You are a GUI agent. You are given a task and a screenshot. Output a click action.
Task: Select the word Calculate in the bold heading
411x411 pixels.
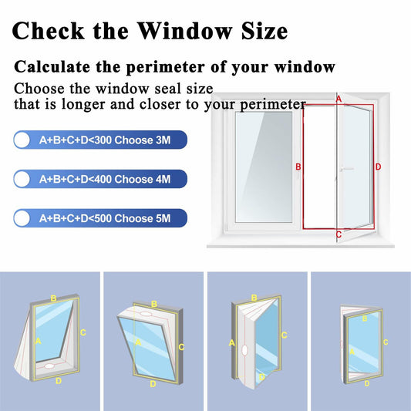point(52,67)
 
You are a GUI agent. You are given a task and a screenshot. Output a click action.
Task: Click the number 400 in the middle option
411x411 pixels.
point(100,180)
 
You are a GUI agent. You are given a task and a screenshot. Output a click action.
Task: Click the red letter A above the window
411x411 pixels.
point(338,99)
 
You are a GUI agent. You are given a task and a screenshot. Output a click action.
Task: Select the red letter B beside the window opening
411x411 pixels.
point(298,167)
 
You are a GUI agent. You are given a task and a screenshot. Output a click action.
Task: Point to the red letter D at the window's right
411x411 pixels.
point(378,167)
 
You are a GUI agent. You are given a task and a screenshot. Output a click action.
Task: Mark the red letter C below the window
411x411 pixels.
point(339,234)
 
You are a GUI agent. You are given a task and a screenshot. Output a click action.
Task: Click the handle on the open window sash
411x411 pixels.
point(344,167)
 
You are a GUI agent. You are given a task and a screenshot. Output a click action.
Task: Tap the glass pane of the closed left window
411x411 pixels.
point(263,165)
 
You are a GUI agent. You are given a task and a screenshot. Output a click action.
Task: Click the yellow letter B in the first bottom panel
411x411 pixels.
point(53,298)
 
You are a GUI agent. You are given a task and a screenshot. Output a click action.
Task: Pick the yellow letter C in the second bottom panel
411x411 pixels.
point(181,347)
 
